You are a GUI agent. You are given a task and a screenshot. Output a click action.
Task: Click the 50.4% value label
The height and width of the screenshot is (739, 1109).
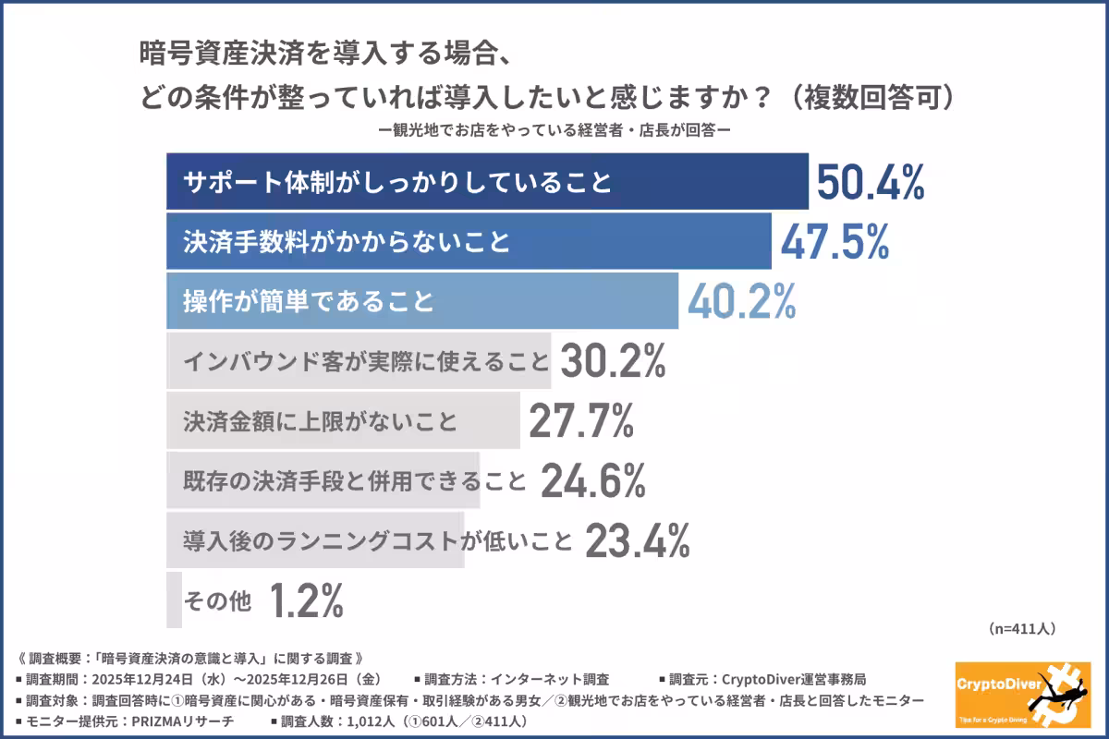pyautogui.click(x=870, y=183)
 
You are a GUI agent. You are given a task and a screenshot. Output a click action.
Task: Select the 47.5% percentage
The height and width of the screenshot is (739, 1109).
pyautogui.click(x=835, y=242)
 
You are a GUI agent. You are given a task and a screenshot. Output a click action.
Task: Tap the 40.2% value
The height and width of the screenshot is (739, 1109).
pyautogui.click(x=740, y=302)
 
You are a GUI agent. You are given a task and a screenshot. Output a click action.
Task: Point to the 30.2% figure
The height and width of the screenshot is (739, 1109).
pyautogui.click(x=612, y=361)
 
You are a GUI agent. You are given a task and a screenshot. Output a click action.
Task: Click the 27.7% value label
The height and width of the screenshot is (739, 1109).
pyautogui.click(x=581, y=421)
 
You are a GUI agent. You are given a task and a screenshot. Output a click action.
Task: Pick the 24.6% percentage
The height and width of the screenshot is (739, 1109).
pyautogui.click(x=591, y=480)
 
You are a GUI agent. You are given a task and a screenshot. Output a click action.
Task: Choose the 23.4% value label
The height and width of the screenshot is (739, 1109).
pyautogui.click(x=637, y=540)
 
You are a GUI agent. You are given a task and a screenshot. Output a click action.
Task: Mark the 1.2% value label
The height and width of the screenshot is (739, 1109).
pyautogui.click(x=307, y=601)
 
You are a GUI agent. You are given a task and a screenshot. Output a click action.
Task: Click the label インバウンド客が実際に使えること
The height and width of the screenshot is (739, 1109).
pyautogui.click(x=366, y=361)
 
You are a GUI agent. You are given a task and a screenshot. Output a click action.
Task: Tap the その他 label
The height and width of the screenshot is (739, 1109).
pyautogui.click(x=218, y=602)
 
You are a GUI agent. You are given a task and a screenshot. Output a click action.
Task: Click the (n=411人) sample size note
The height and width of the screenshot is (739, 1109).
pyautogui.click(x=1022, y=628)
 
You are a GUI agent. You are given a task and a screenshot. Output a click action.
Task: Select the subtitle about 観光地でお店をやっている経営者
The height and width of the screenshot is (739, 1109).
pyautogui.click(x=554, y=130)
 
